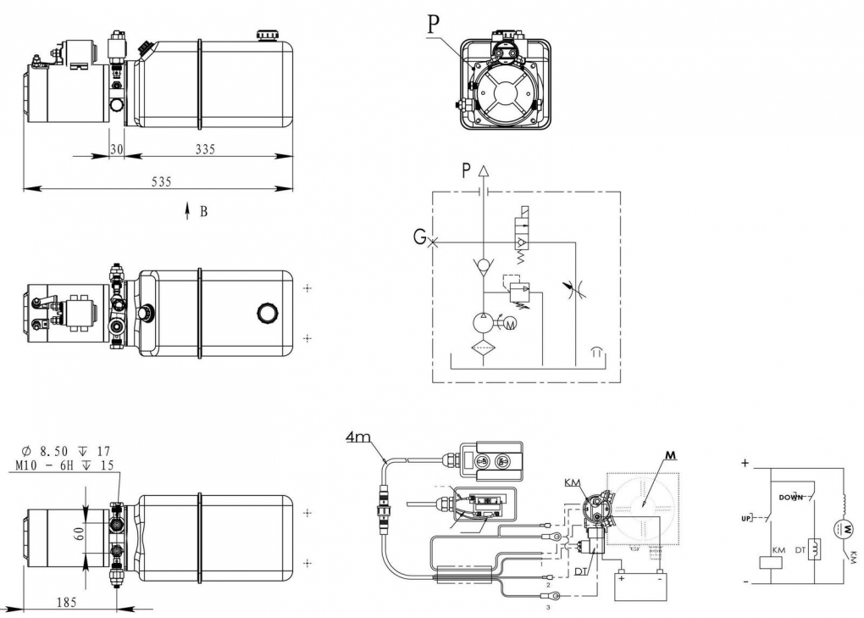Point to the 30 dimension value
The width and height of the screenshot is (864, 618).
pyautogui.click(x=117, y=149)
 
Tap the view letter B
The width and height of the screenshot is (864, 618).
pyautogui.click(x=203, y=211)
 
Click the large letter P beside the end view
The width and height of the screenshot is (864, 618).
pyautogui.click(x=433, y=24)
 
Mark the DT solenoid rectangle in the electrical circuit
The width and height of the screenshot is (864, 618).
pyautogui.click(x=813, y=549)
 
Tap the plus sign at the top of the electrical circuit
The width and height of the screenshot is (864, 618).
pyautogui.click(x=745, y=464)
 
